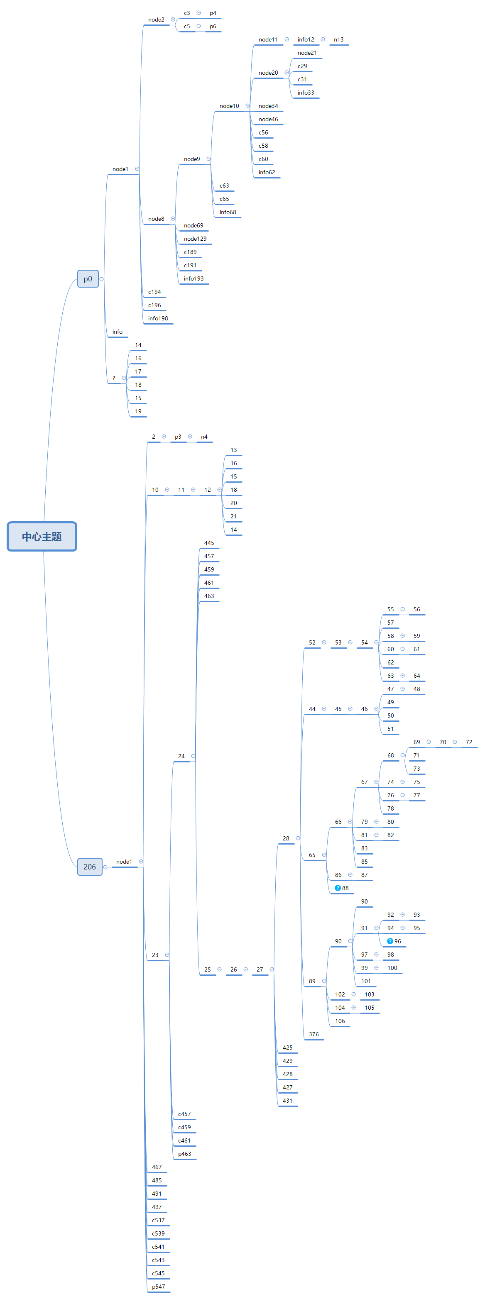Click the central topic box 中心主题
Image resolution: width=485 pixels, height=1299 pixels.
coord(42,536)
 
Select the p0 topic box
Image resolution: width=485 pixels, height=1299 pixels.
coord(88,279)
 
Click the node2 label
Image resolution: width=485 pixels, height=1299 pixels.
coord(156,20)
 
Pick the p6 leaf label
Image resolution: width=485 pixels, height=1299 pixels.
coord(213,26)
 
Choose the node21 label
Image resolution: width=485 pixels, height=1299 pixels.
coord(307,53)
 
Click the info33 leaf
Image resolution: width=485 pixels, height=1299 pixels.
coord(305,93)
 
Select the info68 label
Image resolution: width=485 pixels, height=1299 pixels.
coord(228,212)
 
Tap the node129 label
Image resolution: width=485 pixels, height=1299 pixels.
coord(195,239)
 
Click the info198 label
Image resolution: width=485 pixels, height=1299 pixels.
coord(158,319)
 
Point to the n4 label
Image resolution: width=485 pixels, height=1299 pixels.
coord(204,437)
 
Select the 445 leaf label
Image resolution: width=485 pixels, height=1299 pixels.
coord(209,543)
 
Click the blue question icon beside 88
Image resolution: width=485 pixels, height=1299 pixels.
coord(338,888)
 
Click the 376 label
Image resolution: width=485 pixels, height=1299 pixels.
coord(314,1034)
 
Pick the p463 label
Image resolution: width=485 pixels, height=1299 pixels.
coord(184,1154)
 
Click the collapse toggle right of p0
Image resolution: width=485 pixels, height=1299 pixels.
coord(101,279)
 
